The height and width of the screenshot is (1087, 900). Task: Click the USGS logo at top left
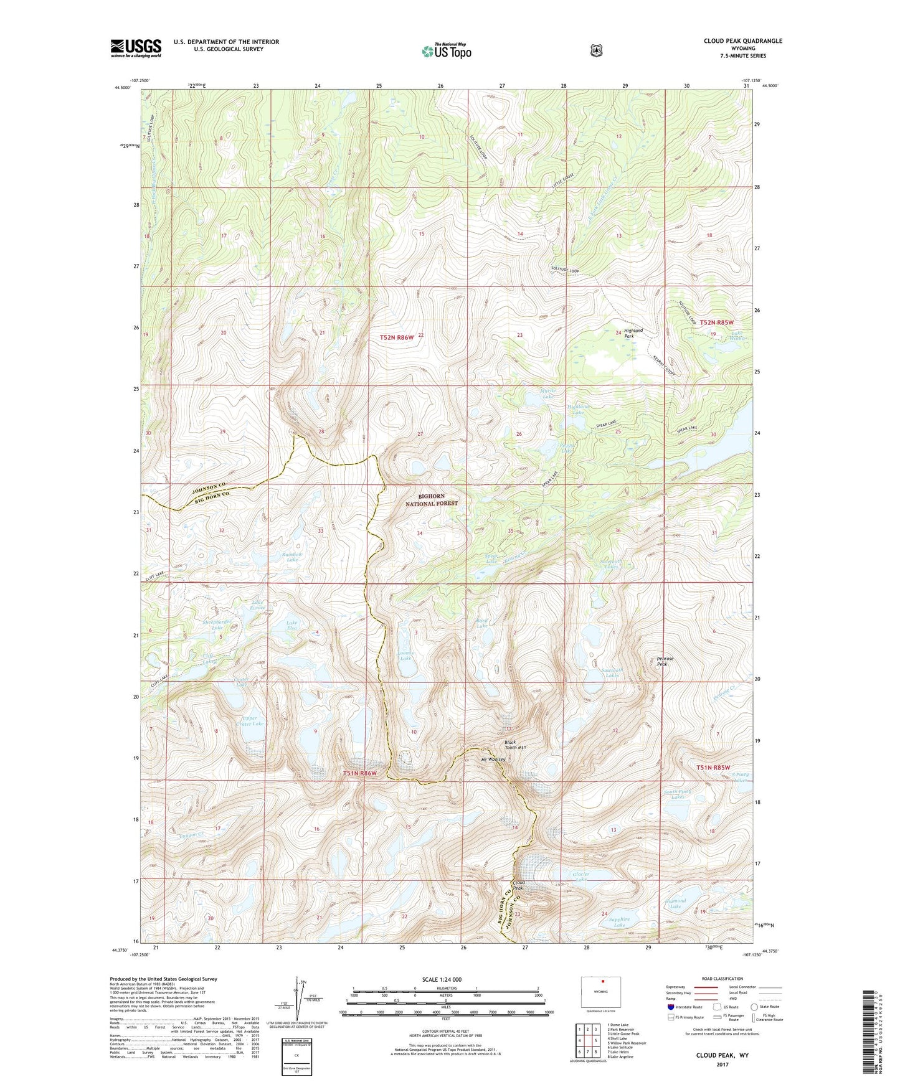click(136, 48)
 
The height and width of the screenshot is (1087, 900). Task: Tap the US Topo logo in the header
click(446, 51)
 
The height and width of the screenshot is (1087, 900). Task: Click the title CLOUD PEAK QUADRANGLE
click(742, 41)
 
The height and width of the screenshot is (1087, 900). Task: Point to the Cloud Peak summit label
click(518, 886)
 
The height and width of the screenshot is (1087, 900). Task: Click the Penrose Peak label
click(665, 661)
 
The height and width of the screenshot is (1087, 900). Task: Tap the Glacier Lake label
click(580, 877)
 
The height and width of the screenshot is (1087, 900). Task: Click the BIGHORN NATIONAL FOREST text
click(432, 499)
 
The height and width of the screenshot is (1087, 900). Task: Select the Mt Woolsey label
click(492, 760)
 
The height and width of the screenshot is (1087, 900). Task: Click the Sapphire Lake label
click(619, 922)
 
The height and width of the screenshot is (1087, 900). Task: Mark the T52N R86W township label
click(396, 337)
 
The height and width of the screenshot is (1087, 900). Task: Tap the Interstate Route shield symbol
click(670, 1007)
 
